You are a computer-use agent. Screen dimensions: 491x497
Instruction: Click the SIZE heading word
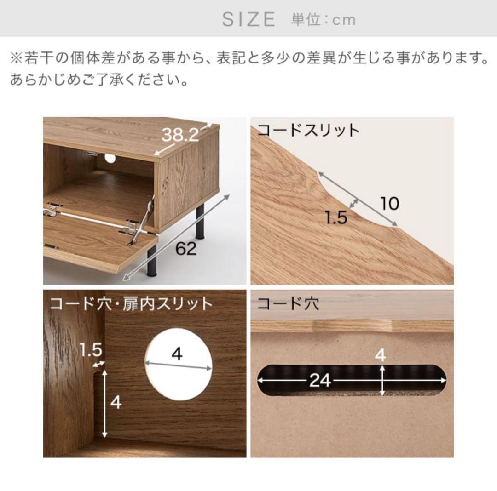pyautogui.click(x=248, y=19)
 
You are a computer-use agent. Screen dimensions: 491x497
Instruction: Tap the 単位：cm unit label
pyautogui.click(x=323, y=20)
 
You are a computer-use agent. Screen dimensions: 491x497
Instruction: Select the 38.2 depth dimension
pyautogui.click(x=180, y=135)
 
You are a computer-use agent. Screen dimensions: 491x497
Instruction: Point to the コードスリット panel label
pyautogui.click(x=308, y=130)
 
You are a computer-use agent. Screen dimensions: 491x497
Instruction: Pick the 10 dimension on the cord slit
pyautogui.click(x=390, y=203)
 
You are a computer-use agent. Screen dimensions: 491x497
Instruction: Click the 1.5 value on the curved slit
pyautogui.click(x=335, y=217)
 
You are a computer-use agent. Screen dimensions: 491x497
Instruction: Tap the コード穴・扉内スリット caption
pyautogui.click(x=132, y=303)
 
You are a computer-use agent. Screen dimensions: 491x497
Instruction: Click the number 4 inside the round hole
pyautogui.click(x=177, y=354)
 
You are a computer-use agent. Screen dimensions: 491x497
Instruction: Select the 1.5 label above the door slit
pyautogui.click(x=90, y=350)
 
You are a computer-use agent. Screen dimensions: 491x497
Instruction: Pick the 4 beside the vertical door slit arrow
pyautogui.click(x=116, y=402)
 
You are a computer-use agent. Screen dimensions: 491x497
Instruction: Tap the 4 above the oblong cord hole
pyautogui.click(x=381, y=355)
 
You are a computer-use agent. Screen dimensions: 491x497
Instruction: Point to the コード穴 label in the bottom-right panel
pyautogui.click(x=288, y=304)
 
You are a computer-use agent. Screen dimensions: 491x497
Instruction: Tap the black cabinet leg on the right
pyautogui.click(x=200, y=219)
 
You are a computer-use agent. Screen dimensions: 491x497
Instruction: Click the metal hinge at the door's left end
pyautogui.click(x=52, y=210)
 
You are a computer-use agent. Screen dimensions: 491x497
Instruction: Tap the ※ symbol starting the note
pyautogui.click(x=16, y=58)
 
